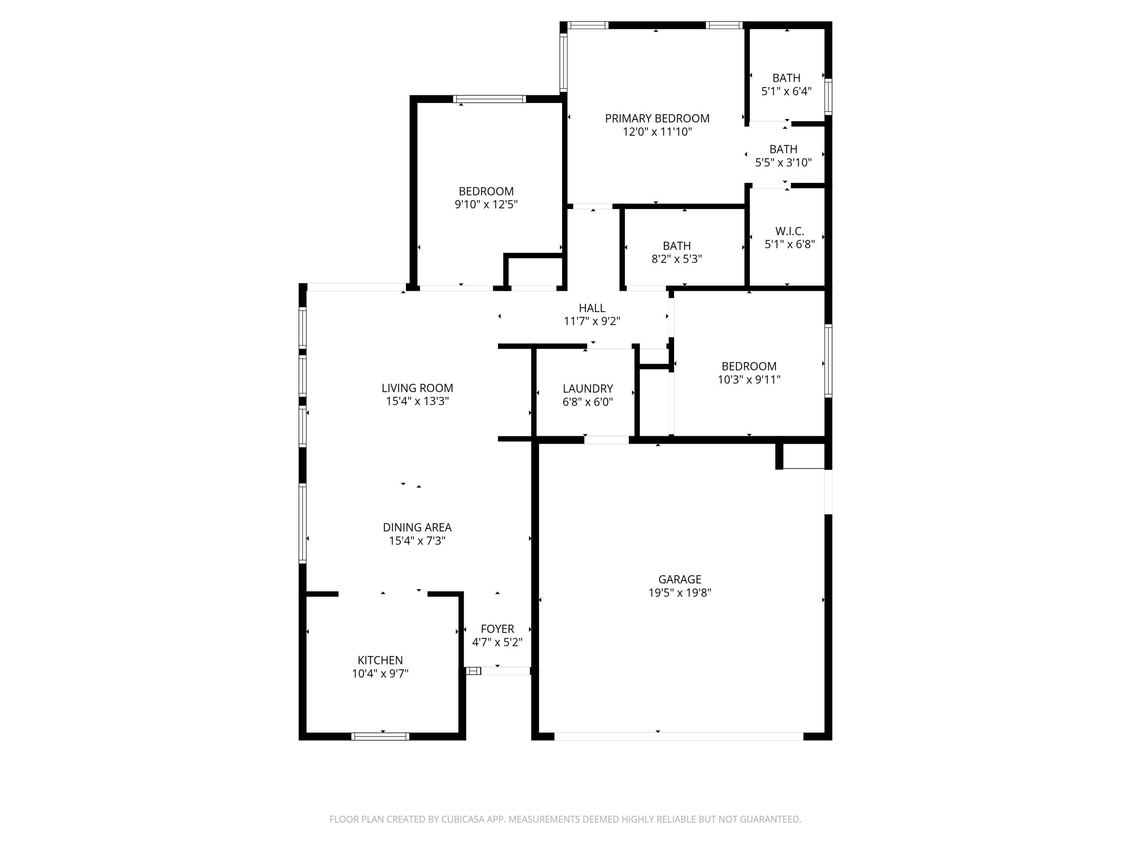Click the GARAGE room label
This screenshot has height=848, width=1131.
click(679, 579)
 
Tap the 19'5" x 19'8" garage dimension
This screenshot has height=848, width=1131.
click(679, 593)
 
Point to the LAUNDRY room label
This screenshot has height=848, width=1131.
click(587, 389)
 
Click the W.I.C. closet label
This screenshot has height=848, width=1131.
click(789, 231)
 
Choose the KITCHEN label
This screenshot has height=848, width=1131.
click(380, 660)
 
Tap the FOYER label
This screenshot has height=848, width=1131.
click(497, 629)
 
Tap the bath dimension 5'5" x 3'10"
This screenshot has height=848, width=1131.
click(783, 162)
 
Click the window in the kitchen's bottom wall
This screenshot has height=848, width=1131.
click(380, 736)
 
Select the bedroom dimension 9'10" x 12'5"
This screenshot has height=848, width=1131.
click(486, 204)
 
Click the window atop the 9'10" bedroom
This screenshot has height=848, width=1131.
click(489, 99)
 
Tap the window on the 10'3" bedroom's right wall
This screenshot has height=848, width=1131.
click(828, 361)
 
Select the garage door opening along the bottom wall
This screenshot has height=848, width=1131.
click(679, 736)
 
